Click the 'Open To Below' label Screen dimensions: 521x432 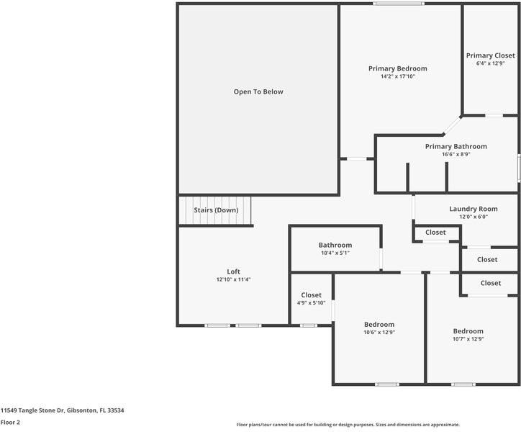(x=258, y=91)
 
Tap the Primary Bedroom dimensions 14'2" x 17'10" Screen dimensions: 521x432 (x=398, y=76)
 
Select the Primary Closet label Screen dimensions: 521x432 (x=491, y=55)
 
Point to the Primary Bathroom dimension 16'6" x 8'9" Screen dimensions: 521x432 (x=456, y=154)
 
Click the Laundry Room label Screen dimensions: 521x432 (x=474, y=209)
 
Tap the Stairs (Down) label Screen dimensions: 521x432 (x=216, y=210)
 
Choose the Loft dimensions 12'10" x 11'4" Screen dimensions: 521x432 (x=233, y=279)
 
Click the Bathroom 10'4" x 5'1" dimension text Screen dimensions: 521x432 (x=335, y=253)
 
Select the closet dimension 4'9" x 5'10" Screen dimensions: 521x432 (x=311, y=303)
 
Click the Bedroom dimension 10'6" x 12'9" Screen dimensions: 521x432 (x=379, y=332)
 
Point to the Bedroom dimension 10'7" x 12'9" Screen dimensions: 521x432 (x=468, y=339)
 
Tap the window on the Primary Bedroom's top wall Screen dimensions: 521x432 (x=399, y=4)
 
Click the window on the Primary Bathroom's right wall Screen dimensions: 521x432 (x=519, y=168)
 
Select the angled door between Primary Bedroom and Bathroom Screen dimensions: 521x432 (x=452, y=126)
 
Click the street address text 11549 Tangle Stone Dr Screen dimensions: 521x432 (x=32, y=410)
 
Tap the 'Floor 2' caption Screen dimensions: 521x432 (x=10, y=423)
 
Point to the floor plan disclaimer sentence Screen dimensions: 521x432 (x=348, y=425)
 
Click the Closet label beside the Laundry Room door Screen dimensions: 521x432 (x=435, y=233)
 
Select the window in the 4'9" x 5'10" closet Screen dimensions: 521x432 (x=309, y=325)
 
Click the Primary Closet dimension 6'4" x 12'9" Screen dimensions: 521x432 (x=491, y=63)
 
